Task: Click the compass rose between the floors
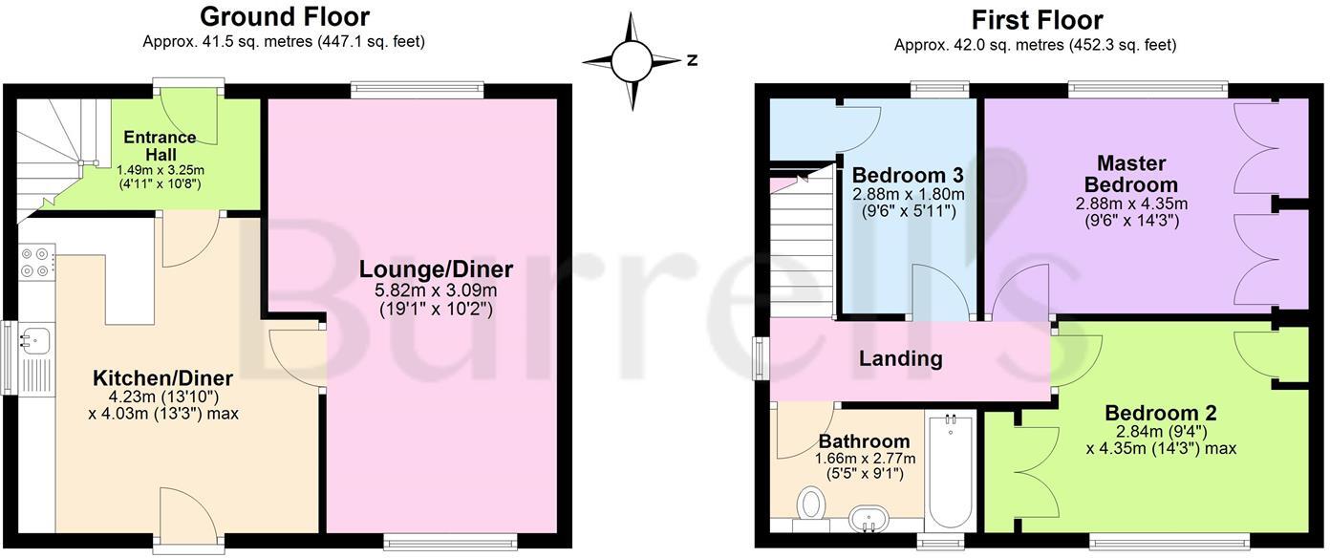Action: pyautogui.click(x=631, y=61)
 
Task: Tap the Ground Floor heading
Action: pyautogui.click(x=284, y=16)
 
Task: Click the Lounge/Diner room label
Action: pyautogui.click(x=436, y=269)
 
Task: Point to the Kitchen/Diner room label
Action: pyautogui.click(x=162, y=378)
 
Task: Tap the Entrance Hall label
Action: pyautogui.click(x=160, y=145)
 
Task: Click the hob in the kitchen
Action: pyautogui.click(x=36, y=263)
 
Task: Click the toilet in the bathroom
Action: pyautogui.click(x=814, y=501)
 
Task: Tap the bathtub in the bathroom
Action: pyautogui.click(x=950, y=471)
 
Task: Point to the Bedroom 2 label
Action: pyautogui.click(x=1161, y=413)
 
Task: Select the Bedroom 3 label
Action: pyautogui.click(x=907, y=176)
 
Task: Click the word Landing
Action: pyautogui.click(x=900, y=359)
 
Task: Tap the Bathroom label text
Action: pyautogui.click(x=864, y=441)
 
